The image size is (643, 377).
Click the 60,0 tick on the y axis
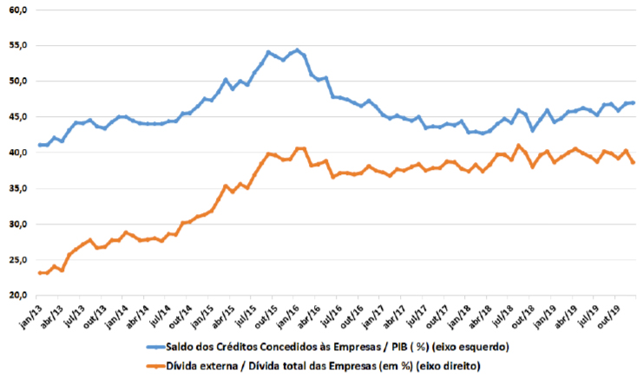click(18, 9)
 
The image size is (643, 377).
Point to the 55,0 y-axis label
click(18, 45)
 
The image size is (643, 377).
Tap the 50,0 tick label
click(18, 81)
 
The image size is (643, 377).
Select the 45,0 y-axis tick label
click(18, 116)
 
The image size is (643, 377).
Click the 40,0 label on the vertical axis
click(18, 153)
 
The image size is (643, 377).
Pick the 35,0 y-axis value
click(18, 188)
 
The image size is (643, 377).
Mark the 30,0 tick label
click(18, 224)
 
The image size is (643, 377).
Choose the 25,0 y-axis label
click(18, 260)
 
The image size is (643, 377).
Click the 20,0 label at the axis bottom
click(18, 296)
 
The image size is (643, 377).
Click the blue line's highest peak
click(297, 49)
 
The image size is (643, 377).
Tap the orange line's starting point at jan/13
click(39, 273)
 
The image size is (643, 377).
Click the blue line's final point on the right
click(634, 102)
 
